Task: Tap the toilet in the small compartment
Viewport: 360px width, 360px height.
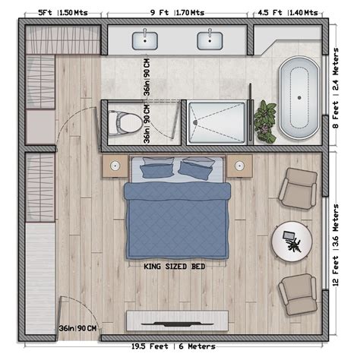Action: click(x=122, y=121)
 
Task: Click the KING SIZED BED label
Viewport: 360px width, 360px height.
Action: click(x=175, y=267)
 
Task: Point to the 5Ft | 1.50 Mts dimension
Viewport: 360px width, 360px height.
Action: click(x=60, y=12)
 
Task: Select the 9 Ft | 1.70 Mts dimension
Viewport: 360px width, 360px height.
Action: click(x=178, y=12)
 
